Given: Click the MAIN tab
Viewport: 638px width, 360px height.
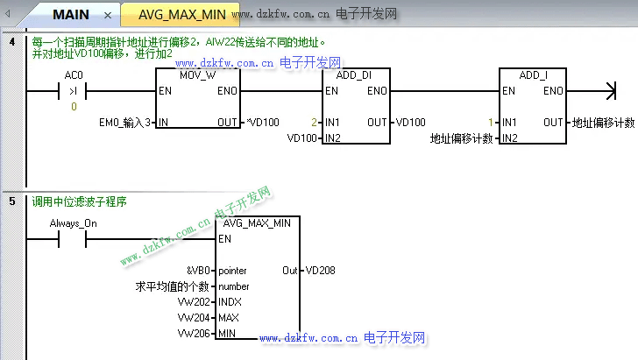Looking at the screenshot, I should tap(71, 15).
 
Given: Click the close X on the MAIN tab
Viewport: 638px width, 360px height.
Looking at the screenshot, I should tap(107, 16).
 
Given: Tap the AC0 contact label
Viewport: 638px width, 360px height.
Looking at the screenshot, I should tap(74, 75).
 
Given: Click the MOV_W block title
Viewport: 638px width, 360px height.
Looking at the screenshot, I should tap(197, 75).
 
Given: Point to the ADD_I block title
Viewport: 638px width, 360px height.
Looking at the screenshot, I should tap(533, 75).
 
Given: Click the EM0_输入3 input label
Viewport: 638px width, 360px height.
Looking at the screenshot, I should tap(128, 122).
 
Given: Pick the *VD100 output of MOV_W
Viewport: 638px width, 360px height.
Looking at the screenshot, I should tap(261, 122).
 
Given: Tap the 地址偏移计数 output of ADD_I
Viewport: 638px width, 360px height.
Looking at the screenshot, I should tap(603, 122).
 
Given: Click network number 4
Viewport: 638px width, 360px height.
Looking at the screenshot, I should tap(12, 41).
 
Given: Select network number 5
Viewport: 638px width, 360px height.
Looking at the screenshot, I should tap(12, 201).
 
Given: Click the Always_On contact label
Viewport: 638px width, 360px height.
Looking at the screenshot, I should tap(74, 223).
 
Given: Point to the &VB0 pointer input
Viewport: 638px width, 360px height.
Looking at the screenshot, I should tap(199, 271).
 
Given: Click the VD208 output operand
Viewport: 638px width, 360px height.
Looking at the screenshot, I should tap(320, 271).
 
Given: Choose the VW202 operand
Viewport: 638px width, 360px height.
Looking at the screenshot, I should tap(194, 302).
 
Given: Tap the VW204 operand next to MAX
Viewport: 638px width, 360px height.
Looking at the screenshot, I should tap(194, 318).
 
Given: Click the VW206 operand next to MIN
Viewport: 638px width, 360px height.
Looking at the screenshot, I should tap(194, 334).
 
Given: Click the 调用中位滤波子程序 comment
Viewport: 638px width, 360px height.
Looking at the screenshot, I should tap(80, 201).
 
